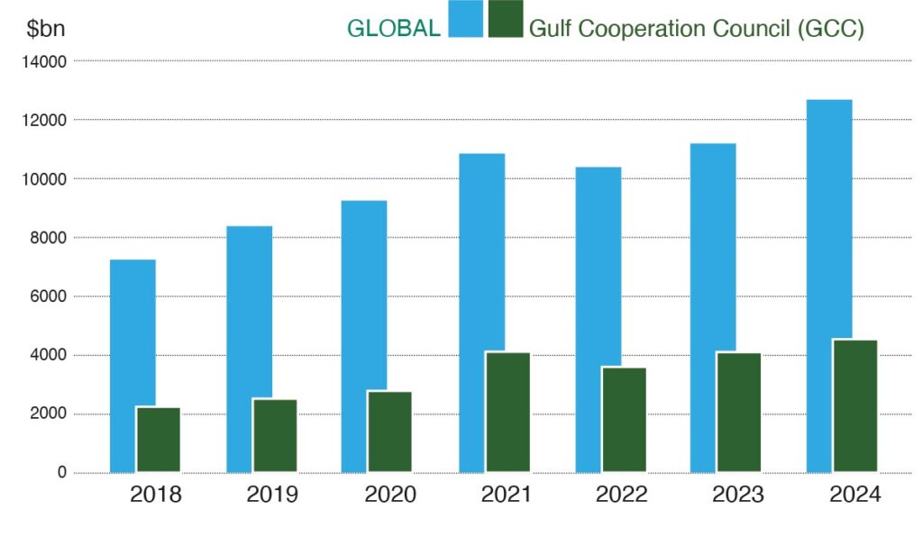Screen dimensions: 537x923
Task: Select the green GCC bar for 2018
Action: click(159, 440)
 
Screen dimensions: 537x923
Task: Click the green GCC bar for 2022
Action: click(624, 419)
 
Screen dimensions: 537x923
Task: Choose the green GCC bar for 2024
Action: click(855, 405)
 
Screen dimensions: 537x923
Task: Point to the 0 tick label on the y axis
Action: click(61, 473)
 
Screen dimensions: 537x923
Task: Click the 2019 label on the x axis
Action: click(273, 495)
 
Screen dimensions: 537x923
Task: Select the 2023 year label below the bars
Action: click(737, 495)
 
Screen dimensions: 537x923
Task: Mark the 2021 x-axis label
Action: click(506, 495)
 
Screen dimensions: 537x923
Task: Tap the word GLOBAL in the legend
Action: click(394, 28)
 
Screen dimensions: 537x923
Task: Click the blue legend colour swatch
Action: click(465, 20)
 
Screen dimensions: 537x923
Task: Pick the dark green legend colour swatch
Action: click(506, 20)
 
